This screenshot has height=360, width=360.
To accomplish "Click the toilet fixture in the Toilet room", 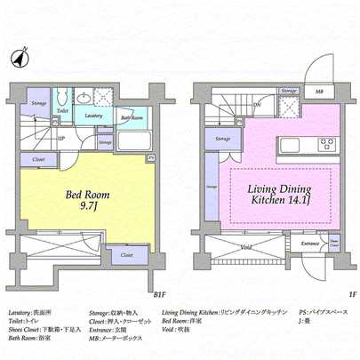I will coord(61,99).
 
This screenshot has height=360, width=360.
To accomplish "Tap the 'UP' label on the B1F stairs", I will coord(59,139).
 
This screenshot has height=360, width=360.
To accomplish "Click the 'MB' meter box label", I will coord(319,90).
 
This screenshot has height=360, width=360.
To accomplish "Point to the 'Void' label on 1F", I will coord(246,246).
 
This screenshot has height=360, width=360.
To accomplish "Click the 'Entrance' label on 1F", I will coord(310,242).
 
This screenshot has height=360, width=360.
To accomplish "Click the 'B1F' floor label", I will coord(159,293).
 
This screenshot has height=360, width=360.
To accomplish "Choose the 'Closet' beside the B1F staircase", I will coord(38,158).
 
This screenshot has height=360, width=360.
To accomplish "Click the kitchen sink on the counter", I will coord(291,144).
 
